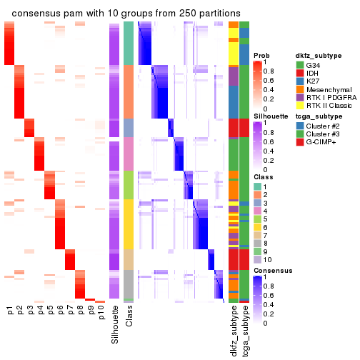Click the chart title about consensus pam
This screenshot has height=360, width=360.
click(x=126, y=14)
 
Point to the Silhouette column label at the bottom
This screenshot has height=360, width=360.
click(x=114, y=325)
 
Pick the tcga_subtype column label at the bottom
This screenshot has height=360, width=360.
click(x=245, y=331)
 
